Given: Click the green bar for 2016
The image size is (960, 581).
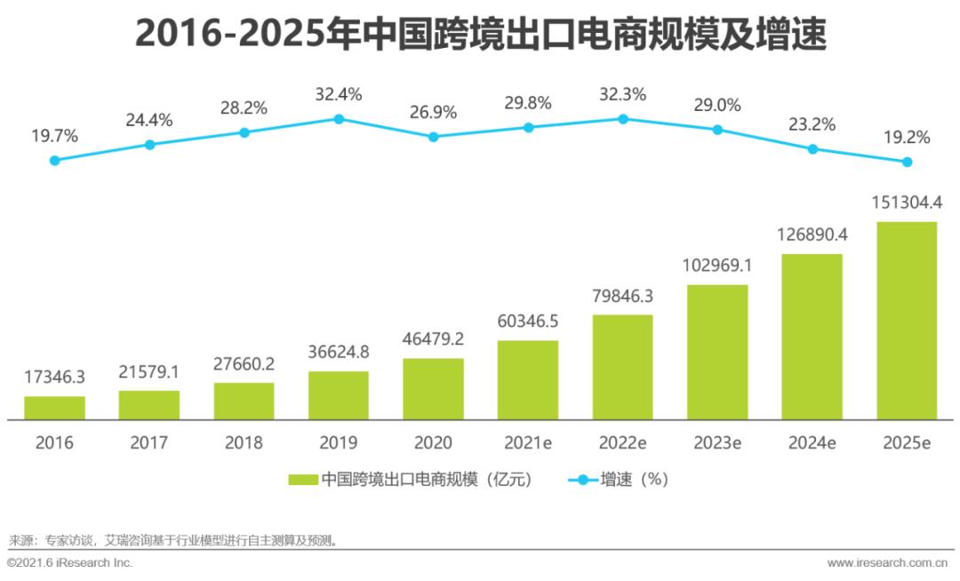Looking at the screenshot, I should coord(54,408).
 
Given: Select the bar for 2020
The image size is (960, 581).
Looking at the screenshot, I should coord(433,388).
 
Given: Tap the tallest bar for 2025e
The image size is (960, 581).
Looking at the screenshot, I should coord(907,320).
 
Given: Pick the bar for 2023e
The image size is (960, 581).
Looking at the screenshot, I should coord(717,352).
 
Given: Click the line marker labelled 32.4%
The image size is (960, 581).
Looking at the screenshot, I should coord(339,118).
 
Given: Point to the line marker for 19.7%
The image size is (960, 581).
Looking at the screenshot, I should coord(54,160).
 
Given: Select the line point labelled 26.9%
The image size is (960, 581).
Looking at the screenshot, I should coord(433,137).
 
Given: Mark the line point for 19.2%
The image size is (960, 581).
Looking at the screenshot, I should coord(907,162).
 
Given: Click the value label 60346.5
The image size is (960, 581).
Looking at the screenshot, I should coord(528,321).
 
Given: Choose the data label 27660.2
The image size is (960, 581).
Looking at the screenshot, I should coord(244,364).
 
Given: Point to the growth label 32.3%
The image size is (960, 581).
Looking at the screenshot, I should coord(623,94).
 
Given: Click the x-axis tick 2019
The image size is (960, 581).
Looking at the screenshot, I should coord(339,442).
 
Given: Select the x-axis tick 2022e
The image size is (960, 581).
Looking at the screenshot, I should coord(623,442).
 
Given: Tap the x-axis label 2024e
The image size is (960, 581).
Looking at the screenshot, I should coord(812,442).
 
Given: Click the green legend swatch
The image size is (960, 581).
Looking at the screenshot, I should coord(302,480).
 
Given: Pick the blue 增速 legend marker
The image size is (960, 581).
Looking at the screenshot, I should coord(582,480).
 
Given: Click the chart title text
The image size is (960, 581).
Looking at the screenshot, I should coord(480,36).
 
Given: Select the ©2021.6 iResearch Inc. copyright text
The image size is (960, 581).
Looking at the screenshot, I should coord(69,563).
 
